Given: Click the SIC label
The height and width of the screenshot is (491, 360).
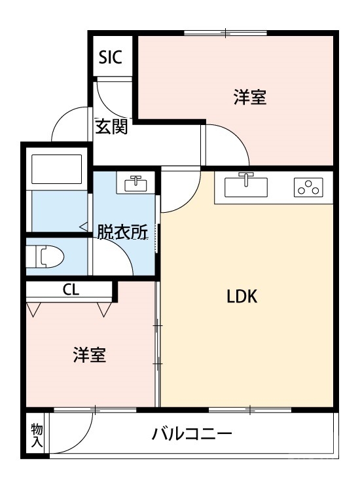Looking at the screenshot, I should click(x=111, y=58).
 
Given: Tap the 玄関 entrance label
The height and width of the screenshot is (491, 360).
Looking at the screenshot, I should click(x=111, y=127).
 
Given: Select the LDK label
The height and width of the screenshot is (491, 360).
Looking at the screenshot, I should click(x=242, y=297).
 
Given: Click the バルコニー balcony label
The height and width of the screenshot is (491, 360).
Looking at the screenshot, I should click(x=192, y=434).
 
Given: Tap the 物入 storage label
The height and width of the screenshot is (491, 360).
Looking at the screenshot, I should click(x=37, y=435).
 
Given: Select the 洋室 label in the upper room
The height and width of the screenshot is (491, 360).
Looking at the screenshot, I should click(x=249, y=98).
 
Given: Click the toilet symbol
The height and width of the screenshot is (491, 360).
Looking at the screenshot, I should click(x=45, y=256).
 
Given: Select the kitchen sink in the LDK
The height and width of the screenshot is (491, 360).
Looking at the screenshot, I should click(x=246, y=186).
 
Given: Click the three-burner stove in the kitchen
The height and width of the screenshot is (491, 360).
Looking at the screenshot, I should click(x=308, y=188).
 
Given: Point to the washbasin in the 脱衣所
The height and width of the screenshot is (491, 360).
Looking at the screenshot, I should click(x=136, y=183).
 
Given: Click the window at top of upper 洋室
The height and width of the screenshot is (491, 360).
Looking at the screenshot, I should click(x=226, y=33).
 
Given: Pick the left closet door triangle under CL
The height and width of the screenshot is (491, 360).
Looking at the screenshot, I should click(x=35, y=308).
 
